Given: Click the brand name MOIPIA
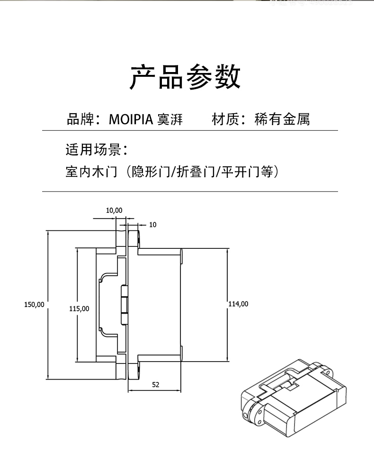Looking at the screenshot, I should (131, 119).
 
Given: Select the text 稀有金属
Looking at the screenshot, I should (282, 119).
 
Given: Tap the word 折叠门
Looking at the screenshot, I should (195, 172).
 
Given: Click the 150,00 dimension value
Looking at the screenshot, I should (34, 304).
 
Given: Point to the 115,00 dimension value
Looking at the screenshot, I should (79, 308).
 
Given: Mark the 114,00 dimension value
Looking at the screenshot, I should (238, 304).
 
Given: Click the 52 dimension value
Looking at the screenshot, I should (156, 384).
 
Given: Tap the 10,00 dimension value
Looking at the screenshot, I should (114, 210).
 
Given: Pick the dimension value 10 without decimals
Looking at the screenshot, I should (152, 225).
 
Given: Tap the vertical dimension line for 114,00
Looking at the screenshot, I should (228, 275).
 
